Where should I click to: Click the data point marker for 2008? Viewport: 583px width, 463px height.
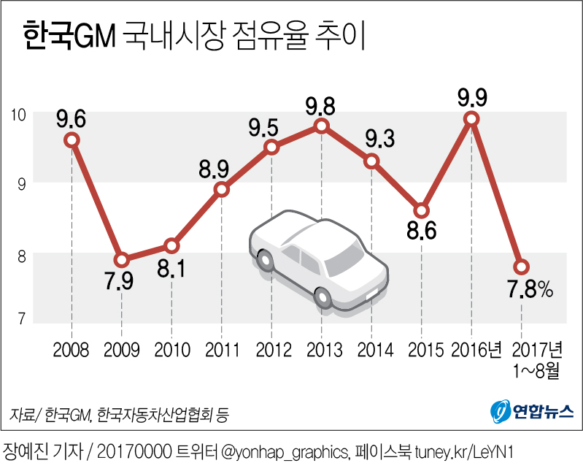click(x=72, y=139)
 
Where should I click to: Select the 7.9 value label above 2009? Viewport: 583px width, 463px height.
click(x=121, y=282)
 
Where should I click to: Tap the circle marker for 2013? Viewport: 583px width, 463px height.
click(x=322, y=126)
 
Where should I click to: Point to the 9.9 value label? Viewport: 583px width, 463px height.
click(x=472, y=96)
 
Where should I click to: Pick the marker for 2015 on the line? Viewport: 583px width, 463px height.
click(x=422, y=210)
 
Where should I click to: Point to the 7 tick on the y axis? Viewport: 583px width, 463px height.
click(x=22, y=318)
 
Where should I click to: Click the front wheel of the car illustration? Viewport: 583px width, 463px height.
click(x=323, y=296)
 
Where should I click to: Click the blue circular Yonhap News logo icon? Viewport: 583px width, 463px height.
click(x=498, y=410)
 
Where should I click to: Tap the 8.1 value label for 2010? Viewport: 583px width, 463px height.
click(x=171, y=269)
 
